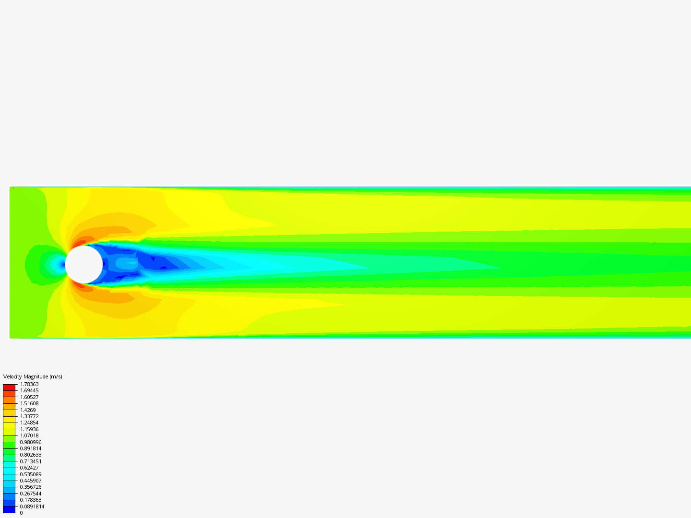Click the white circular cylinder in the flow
click(x=84, y=264)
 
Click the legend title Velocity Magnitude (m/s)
click(x=33, y=377)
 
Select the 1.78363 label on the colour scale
click(x=29, y=384)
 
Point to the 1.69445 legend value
click(x=29, y=390)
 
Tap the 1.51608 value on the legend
click(x=29, y=403)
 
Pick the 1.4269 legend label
click(x=28, y=410)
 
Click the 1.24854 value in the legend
click(x=29, y=423)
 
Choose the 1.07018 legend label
click(x=29, y=436)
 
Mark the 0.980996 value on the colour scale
click(x=30, y=442)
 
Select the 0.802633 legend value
click(x=30, y=455)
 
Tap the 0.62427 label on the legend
click(x=29, y=468)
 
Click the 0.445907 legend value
click(x=30, y=481)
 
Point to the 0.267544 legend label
click(x=30, y=494)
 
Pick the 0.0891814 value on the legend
click(x=32, y=506)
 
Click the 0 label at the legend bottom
click(x=21, y=513)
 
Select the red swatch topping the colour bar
click(x=9, y=387)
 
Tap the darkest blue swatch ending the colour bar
click(x=9, y=509)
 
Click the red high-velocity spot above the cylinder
click(x=78, y=243)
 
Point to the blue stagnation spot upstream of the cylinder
click(x=62, y=264)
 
